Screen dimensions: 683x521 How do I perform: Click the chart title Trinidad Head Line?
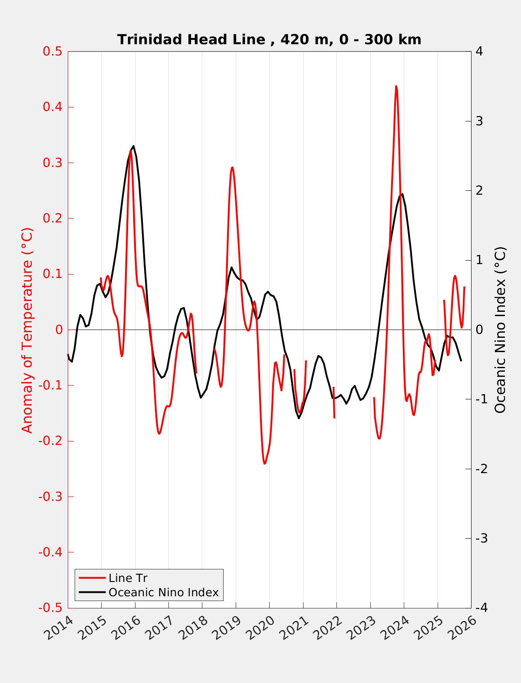click(269, 39)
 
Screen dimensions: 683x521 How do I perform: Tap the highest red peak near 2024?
click(396, 86)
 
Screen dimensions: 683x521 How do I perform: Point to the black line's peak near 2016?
click(133, 146)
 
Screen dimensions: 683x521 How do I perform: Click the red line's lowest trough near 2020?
click(264, 464)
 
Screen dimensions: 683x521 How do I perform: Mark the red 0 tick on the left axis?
click(59, 330)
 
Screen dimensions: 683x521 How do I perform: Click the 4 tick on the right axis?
click(479, 51)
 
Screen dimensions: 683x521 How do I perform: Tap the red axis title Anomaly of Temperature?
click(27, 330)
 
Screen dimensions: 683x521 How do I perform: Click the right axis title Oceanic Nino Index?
click(501, 330)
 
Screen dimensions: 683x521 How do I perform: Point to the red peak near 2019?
click(232, 167)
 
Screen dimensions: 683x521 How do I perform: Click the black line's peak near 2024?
click(402, 194)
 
